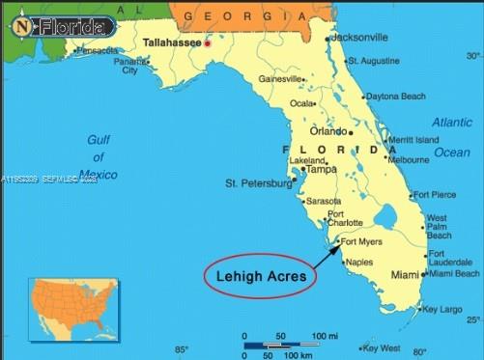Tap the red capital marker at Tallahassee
[207, 44]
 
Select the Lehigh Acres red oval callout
[259, 276]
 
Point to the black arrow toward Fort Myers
[327, 255]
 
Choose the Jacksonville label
[358, 37]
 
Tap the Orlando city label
[327, 131]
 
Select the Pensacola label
[97, 50]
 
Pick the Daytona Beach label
[395, 97]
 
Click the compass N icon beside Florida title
[21, 27]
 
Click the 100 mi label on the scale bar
[324, 335]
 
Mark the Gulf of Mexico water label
[98, 156]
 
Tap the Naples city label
[358, 263]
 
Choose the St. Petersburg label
[257, 182]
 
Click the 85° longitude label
[182, 349]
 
